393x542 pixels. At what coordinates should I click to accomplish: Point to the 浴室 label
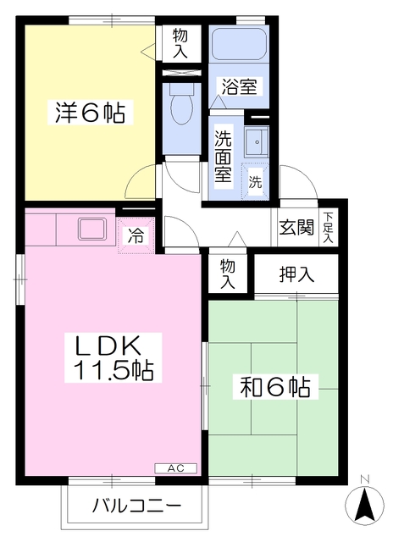(240, 86)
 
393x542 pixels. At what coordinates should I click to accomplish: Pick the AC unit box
(174, 467)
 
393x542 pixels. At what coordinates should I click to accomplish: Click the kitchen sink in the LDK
(90, 229)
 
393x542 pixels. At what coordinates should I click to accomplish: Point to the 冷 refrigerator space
(136, 236)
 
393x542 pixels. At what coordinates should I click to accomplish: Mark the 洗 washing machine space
(255, 181)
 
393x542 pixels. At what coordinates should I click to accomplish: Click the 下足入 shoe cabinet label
(327, 228)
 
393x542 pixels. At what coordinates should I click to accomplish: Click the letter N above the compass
(364, 480)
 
